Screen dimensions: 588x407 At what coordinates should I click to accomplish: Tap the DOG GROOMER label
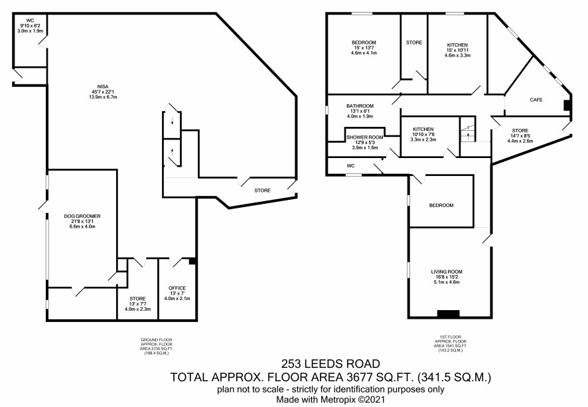click(82, 216)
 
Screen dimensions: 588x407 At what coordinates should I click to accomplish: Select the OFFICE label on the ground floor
click(177, 288)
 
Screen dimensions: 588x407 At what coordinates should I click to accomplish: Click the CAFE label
click(536, 100)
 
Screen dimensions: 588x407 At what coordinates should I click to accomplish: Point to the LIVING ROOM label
click(446, 272)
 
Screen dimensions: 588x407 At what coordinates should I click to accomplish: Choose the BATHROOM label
click(360, 106)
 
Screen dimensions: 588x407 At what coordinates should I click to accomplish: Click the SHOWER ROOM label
click(364, 137)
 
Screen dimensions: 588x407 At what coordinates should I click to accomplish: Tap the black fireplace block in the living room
click(448, 314)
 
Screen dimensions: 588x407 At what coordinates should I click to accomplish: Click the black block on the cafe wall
click(567, 105)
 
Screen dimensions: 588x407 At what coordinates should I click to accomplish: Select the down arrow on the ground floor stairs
click(172, 121)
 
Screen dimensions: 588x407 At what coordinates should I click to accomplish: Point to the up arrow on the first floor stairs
click(467, 135)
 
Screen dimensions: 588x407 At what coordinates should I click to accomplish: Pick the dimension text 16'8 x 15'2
click(446, 278)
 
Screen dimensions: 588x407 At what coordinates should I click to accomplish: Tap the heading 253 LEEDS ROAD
click(331, 363)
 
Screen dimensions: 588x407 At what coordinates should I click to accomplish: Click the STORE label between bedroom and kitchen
click(414, 42)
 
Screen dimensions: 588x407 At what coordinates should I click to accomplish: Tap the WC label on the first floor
click(350, 166)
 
